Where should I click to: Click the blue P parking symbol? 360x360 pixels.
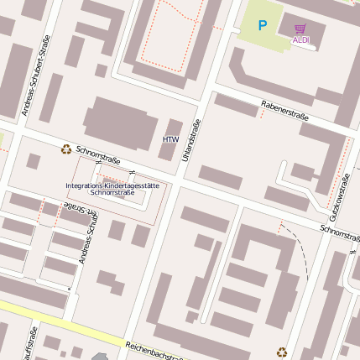(x=263, y=26)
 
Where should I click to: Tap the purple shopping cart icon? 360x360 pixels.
(x=300, y=28)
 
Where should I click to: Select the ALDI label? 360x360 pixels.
(x=300, y=39)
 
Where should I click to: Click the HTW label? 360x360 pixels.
(x=170, y=139)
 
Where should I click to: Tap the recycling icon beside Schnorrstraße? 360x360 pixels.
(x=65, y=149)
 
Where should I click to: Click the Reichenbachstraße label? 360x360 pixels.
(x=156, y=351)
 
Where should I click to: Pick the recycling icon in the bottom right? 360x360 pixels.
(x=282, y=352)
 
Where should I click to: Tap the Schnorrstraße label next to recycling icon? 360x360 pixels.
(x=98, y=154)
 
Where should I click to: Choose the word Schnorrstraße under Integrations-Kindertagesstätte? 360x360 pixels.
(x=112, y=192)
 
